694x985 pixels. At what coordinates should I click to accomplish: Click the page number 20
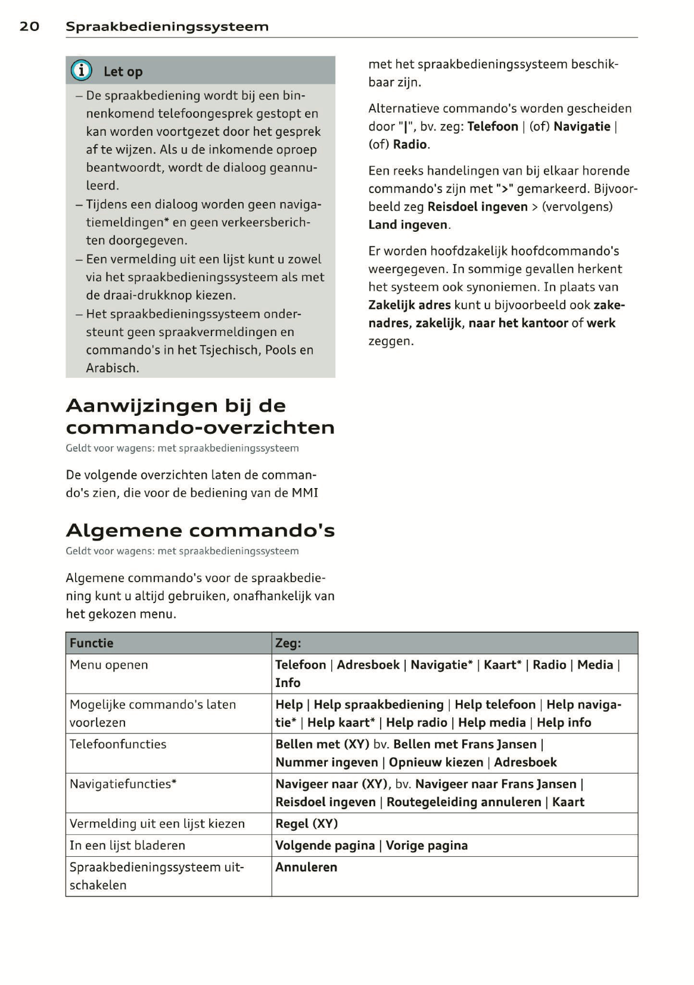pyautogui.click(x=29, y=26)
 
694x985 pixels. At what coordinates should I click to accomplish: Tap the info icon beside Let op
pyautogui.click(x=82, y=71)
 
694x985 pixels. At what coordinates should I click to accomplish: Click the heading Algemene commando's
pyautogui.click(x=200, y=530)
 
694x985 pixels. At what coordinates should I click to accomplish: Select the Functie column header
pyautogui.click(x=91, y=643)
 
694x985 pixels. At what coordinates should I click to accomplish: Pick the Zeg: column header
pyautogui.click(x=288, y=643)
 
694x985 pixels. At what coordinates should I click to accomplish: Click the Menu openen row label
pyautogui.click(x=108, y=665)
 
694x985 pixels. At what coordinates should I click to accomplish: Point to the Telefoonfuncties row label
pyautogui.click(x=118, y=744)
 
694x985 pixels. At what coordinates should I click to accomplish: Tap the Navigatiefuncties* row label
pyautogui.click(x=123, y=784)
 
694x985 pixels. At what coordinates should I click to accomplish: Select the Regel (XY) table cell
pyautogui.click(x=306, y=824)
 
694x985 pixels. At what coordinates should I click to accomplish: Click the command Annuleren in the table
pyautogui.click(x=306, y=868)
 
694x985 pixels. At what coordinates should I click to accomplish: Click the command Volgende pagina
pyautogui.click(x=325, y=846)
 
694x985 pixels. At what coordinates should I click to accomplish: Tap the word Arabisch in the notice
pyautogui.click(x=112, y=368)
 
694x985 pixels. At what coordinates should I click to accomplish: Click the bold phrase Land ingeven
pyautogui.click(x=407, y=225)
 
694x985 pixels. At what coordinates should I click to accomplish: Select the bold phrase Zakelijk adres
pyautogui.click(x=409, y=305)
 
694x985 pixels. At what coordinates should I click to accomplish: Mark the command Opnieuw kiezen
pyautogui.click(x=436, y=762)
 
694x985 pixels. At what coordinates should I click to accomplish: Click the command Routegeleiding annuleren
pyautogui.click(x=463, y=802)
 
